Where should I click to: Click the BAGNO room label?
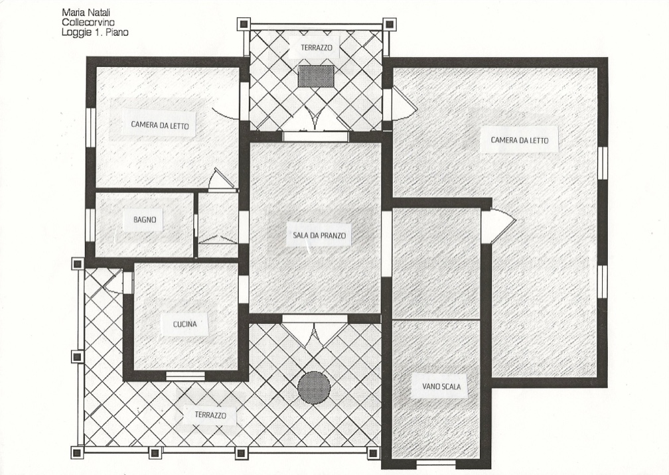coord(145,220)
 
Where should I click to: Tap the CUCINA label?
coord(185,324)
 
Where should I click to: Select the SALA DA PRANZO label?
coord(319,236)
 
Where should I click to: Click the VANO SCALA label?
coord(441,387)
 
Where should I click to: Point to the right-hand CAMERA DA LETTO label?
coord(519,140)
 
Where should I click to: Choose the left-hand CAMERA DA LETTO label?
coord(159,125)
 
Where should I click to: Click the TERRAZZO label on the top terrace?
coord(316,48)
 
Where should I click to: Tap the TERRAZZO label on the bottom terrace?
coord(210,415)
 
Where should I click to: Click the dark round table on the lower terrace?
coord(314,387)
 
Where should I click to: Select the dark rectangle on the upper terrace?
coord(316,76)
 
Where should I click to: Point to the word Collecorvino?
coord(88,22)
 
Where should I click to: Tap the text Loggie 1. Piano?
coord(95,32)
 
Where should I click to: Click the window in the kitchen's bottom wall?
coord(185,375)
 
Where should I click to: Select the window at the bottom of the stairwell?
coord(436,463)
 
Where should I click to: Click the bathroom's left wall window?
coord(90,225)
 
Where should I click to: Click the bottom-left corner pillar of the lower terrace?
coord(77,452)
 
